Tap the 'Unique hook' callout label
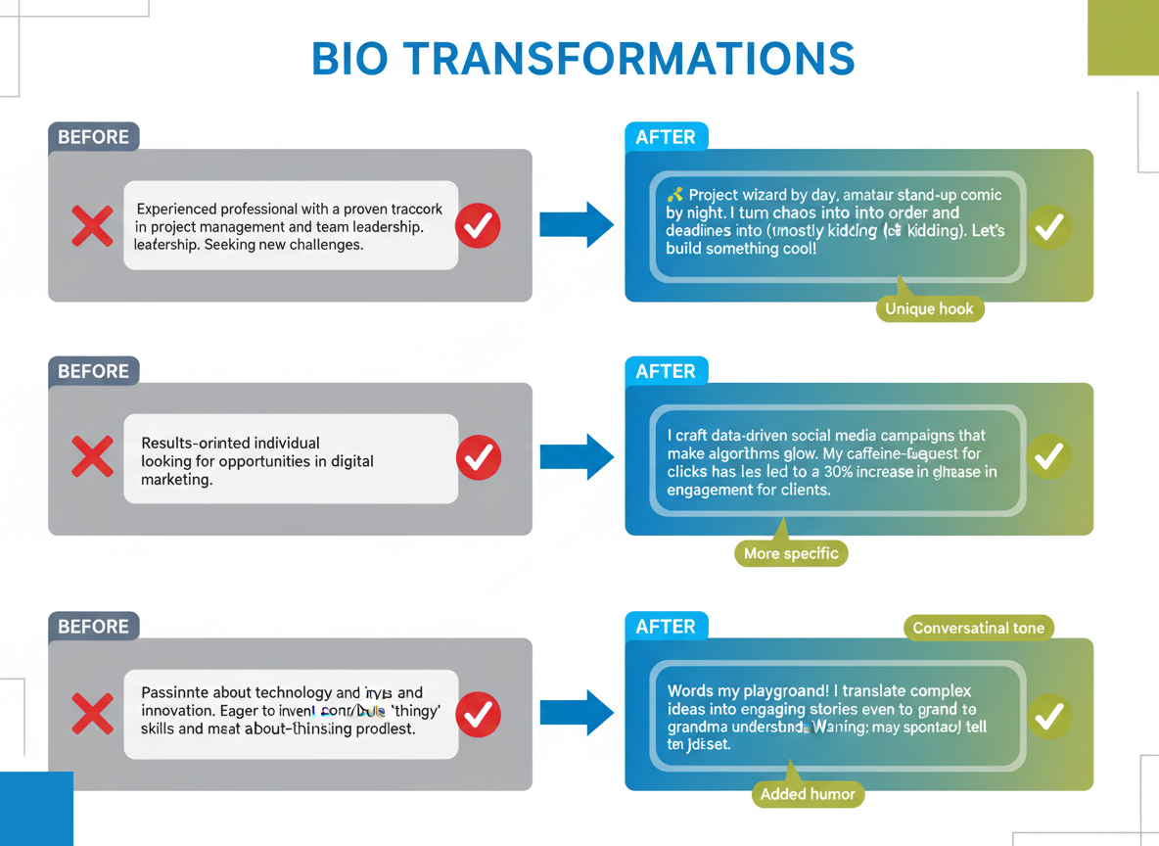pyautogui.click(x=929, y=309)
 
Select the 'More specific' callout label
pyautogui.click(x=790, y=553)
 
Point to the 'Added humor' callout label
pyautogui.click(x=808, y=794)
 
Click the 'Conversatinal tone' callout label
pyautogui.click(x=978, y=628)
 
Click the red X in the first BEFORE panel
pyautogui.click(x=92, y=226)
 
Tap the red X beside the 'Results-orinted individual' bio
pyautogui.click(x=92, y=457)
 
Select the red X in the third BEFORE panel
pyautogui.click(x=92, y=715)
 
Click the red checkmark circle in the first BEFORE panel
pyautogui.click(x=478, y=226)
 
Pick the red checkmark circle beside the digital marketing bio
pyautogui.click(x=479, y=457)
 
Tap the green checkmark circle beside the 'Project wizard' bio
pyautogui.click(x=1048, y=227)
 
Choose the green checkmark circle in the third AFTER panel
pyautogui.click(x=1048, y=717)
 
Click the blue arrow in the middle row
pyautogui.click(x=577, y=456)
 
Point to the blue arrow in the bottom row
pyautogui.click(x=577, y=712)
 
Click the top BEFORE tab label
pyautogui.click(x=93, y=137)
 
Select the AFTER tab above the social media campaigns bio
pyautogui.click(x=666, y=371)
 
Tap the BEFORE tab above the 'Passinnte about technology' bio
pyautogui.click(x=93, y=627)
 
